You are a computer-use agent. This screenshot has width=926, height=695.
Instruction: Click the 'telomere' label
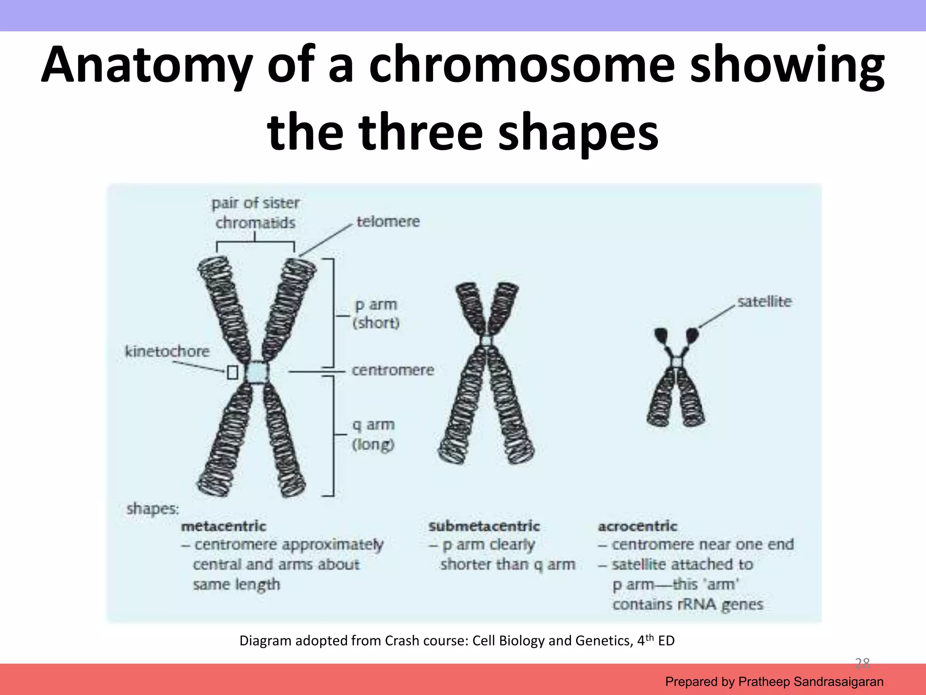[388, 222]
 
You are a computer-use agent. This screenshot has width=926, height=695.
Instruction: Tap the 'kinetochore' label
[167, 352]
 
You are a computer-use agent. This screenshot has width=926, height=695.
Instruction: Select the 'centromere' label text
[392, 370]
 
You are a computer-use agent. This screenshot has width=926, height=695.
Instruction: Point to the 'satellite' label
[765, 302]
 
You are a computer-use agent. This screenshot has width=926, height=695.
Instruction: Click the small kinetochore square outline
[232, 372]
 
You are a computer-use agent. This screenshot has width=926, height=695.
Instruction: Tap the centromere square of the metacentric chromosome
[256, 373]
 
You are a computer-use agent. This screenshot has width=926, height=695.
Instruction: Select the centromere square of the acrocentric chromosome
[677, 362]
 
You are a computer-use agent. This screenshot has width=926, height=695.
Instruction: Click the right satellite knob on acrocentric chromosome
[692, 335]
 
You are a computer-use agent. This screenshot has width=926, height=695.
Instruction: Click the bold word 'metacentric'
[223, 526]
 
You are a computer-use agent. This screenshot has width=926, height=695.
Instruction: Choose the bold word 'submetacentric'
[484, 526]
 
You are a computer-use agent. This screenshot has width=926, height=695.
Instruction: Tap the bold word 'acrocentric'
[638, 526]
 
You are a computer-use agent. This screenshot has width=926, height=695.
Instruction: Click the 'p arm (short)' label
[376, 314]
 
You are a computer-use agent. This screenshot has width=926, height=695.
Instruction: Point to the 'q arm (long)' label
[373, 434]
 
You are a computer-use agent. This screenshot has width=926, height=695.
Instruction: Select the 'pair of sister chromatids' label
[255, 213]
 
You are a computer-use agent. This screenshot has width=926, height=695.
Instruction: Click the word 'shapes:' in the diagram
[153, 509]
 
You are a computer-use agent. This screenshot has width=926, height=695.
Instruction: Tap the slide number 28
[862, 663]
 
